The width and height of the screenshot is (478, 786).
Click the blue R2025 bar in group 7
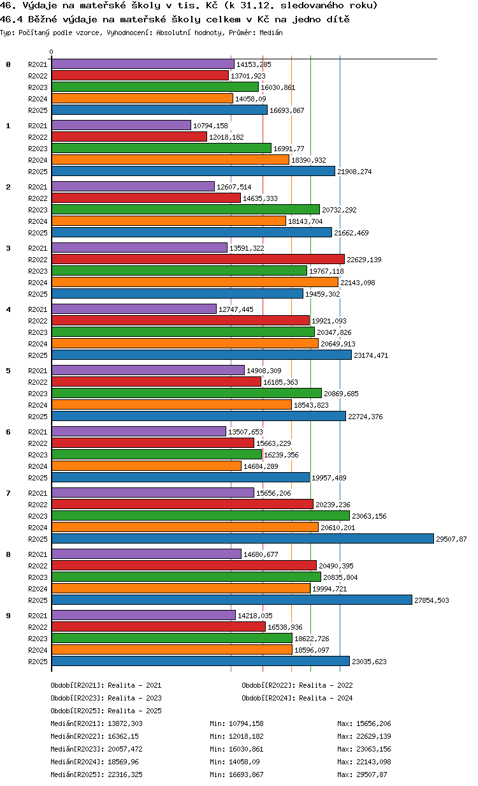(242, 538)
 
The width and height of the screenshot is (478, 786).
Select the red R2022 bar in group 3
(198, 259)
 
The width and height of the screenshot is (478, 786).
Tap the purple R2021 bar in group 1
(121, 125)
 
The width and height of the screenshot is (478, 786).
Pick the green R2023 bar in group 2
(185, 209)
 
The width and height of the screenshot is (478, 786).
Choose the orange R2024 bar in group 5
(171, 404)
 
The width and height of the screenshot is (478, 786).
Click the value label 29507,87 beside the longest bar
(451, 539)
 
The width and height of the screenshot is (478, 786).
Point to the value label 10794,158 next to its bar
(210, 126)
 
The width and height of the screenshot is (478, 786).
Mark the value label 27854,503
(431, 600)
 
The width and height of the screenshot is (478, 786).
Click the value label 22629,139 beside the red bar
(364, 260)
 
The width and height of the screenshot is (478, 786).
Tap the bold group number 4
(8, 309)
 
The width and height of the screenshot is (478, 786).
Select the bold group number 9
(8, 616)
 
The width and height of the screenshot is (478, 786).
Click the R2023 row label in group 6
(38, 455)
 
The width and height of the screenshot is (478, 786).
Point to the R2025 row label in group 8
(38, 600)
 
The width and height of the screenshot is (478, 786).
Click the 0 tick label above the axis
(52, 52)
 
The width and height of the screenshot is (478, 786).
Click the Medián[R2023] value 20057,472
(125, 749)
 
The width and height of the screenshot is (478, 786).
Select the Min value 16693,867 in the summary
(246, 775)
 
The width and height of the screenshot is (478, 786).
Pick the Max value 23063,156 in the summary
(373, 749)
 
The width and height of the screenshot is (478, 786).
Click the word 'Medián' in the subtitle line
(271, 33)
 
